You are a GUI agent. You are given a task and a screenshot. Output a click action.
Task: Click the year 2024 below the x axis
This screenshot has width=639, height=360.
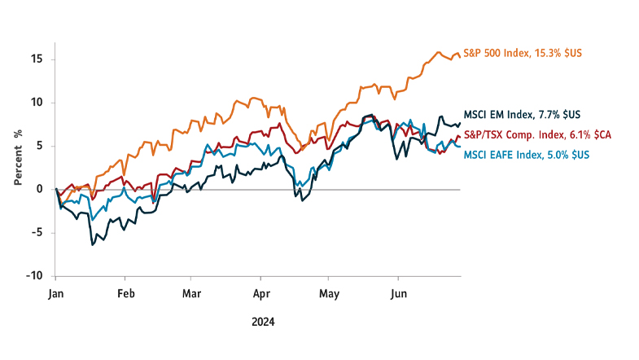pyautogui.click(x=262, y=322)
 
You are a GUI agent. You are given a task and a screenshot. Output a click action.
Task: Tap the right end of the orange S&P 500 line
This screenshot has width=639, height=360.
pyautogui.click(x=461, y=54)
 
